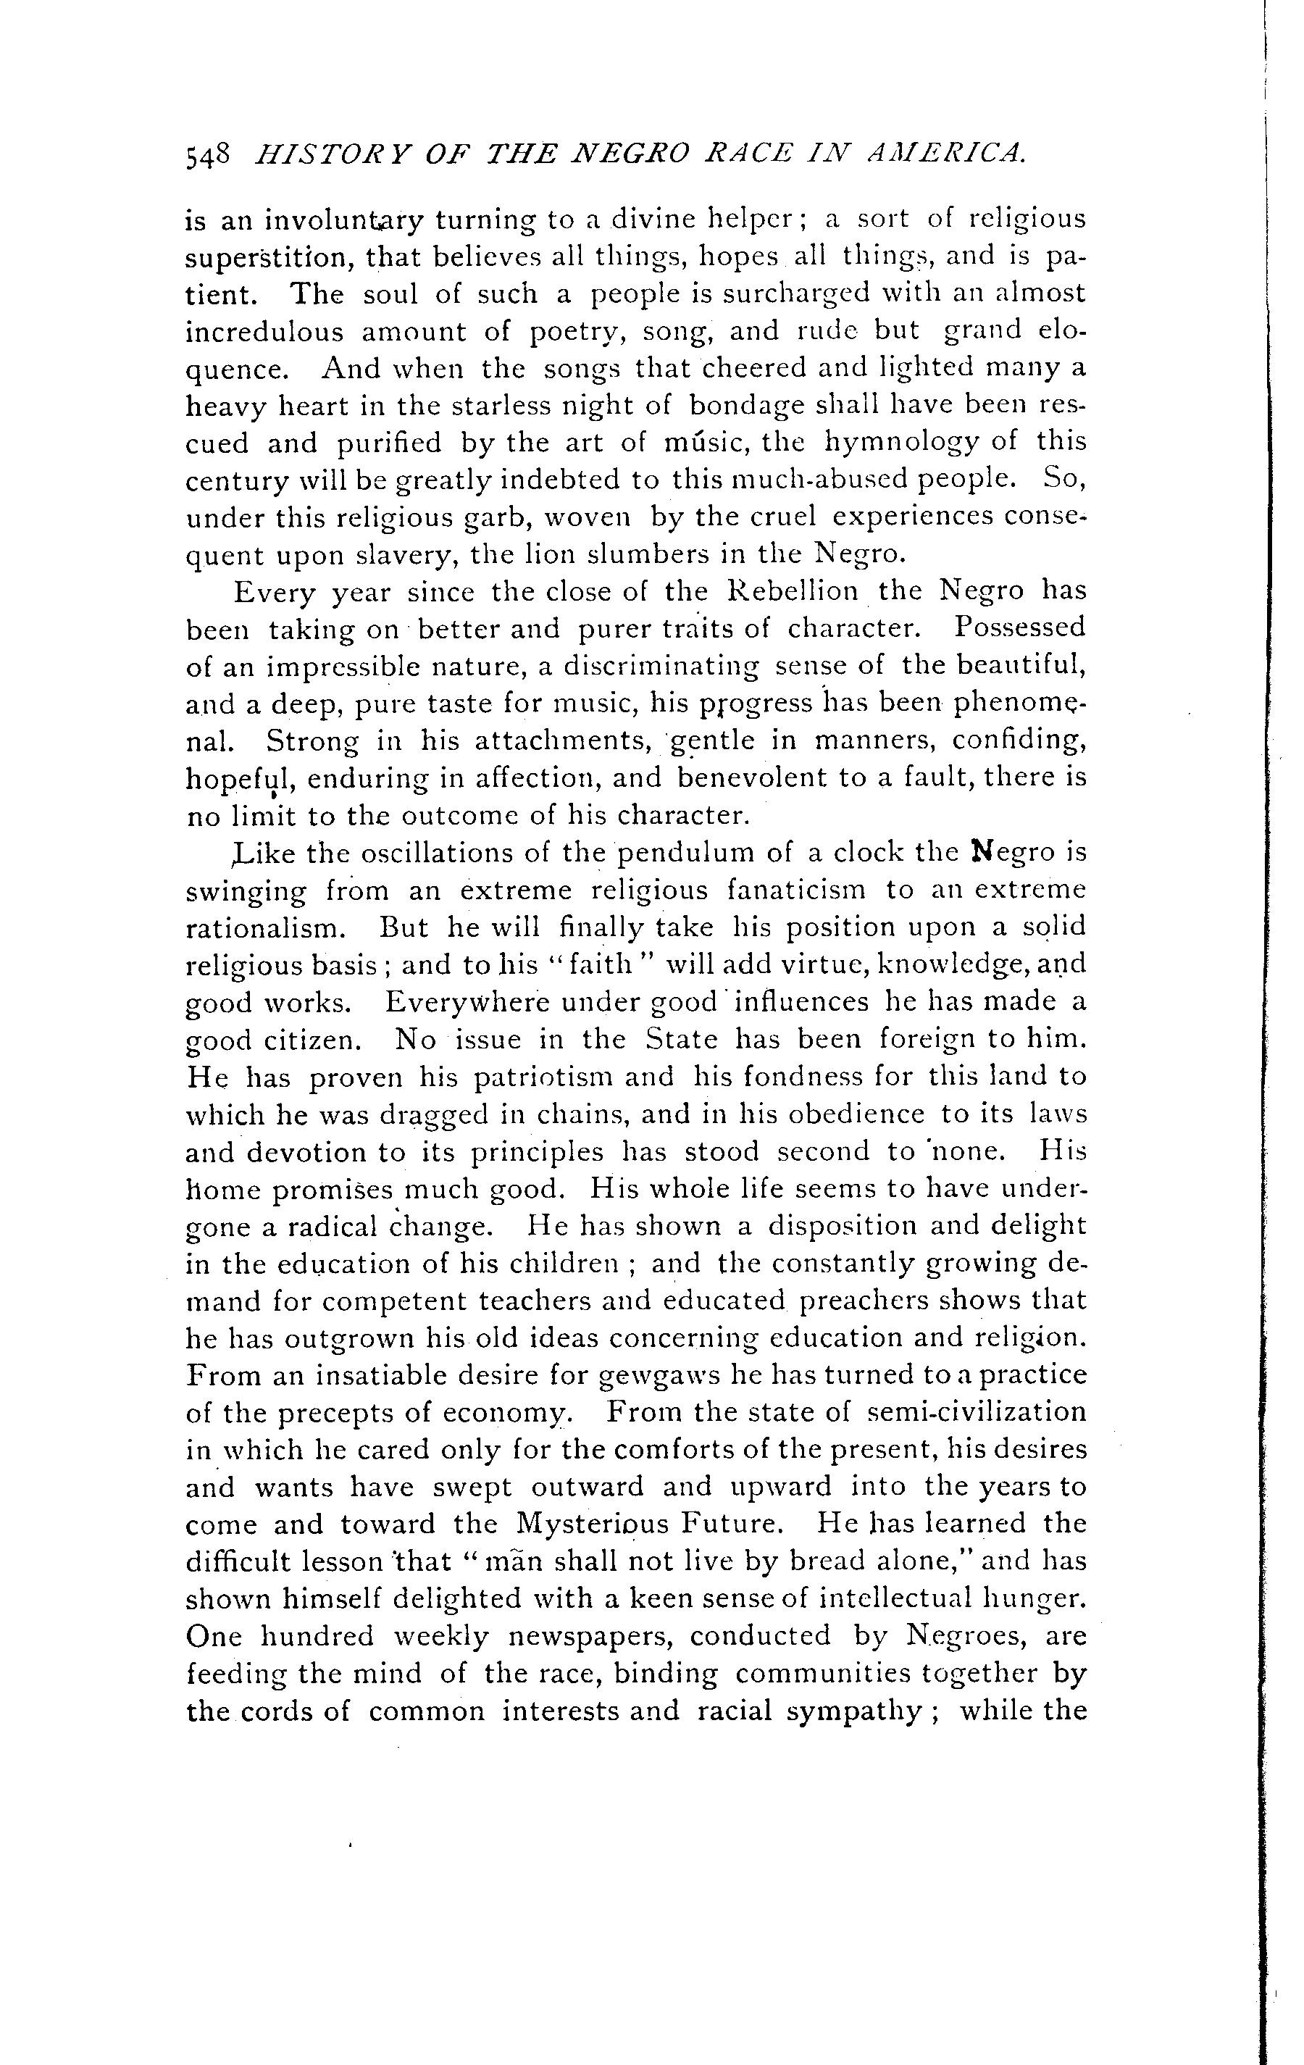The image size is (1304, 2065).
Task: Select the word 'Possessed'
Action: click(1020, 629)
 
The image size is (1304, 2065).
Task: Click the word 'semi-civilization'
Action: click(977, 1412)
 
